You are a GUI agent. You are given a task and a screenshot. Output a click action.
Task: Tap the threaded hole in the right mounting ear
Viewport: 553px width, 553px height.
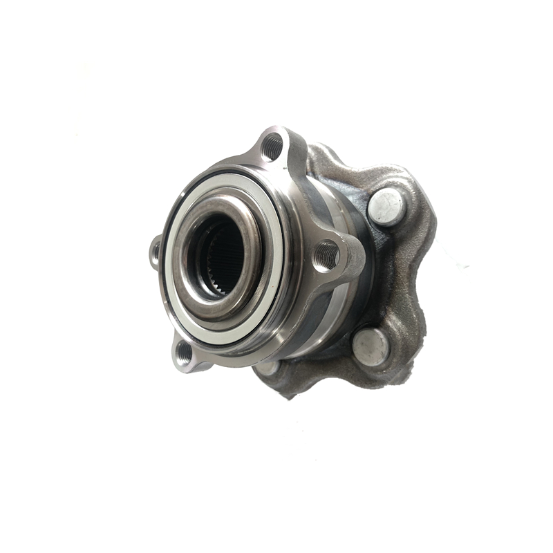point(327,256)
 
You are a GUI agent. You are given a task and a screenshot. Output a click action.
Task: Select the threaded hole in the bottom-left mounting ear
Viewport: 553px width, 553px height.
point(185,353)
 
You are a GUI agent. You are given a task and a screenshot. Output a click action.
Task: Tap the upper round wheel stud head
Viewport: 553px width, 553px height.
point(386,207)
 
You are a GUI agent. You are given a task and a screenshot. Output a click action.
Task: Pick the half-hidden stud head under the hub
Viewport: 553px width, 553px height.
point(268,367)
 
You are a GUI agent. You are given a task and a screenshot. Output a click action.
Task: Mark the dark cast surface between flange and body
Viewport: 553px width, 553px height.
point(366,276)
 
